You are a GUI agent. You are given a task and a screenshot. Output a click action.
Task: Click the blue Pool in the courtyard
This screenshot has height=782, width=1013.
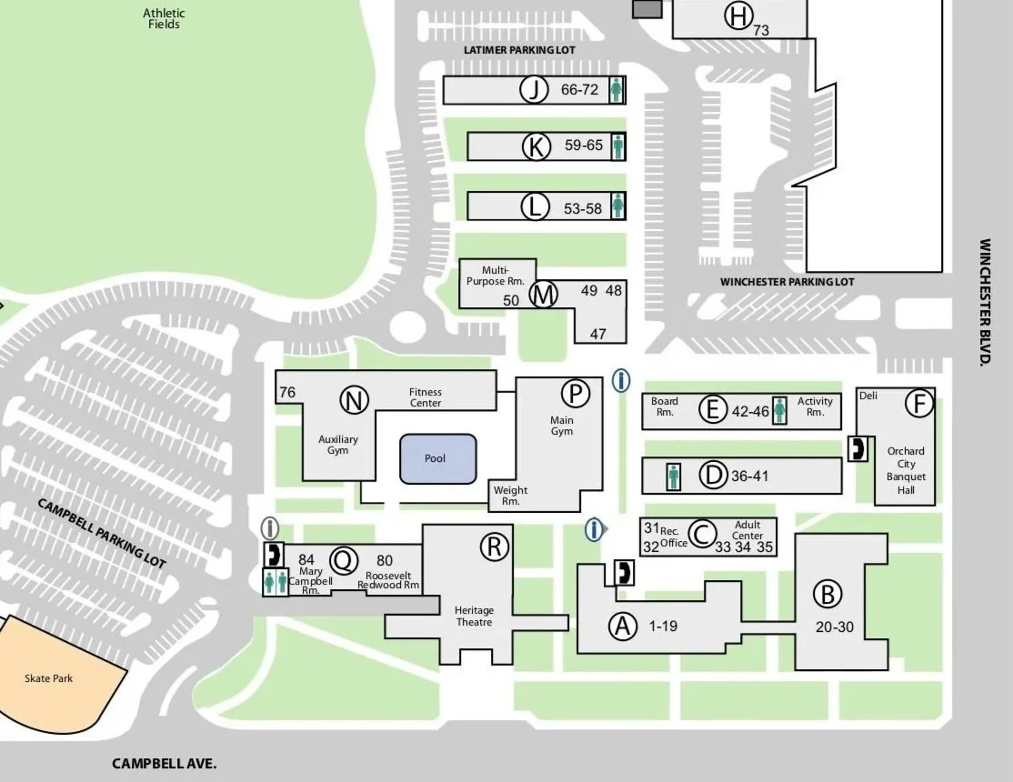coord(437,458)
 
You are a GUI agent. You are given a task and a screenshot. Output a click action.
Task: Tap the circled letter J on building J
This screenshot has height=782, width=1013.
coord(534,90)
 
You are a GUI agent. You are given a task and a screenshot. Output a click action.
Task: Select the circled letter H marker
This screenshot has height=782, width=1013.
coord(737,15)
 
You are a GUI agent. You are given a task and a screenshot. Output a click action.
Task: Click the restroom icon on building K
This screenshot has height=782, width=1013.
coord(618,145)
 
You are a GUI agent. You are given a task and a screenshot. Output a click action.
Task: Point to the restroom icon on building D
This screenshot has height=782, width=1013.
coord(673,476)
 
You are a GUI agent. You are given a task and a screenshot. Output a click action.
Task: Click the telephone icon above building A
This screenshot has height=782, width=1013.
coord(624,572)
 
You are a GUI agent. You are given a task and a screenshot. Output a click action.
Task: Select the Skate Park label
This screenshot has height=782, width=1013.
coord(49,678)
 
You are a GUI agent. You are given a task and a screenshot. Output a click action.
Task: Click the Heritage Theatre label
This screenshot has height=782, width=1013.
coord(474,616)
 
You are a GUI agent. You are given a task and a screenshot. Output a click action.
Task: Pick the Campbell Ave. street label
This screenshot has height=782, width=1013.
coord(165,764)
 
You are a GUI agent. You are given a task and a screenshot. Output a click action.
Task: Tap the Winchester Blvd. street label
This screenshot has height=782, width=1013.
coord(985,302)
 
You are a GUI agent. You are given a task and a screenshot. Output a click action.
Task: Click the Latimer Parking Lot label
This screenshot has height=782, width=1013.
coord(519,50)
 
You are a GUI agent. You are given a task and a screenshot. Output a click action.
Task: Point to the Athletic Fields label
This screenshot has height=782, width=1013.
coord(165,18)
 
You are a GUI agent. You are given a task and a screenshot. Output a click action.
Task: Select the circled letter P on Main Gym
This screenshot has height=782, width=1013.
coord(575,394)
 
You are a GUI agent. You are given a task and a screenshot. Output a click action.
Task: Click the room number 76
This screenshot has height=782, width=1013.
coord(287,393)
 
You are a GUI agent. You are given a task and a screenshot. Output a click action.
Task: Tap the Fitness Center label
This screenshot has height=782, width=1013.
coord(426,397)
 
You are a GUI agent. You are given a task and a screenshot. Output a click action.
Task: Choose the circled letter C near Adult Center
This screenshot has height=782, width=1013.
coord(701,535)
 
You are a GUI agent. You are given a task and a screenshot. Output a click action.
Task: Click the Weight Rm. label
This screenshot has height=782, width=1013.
coord(510,496)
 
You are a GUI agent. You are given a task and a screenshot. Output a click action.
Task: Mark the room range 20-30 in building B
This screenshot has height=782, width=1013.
coord(834,627)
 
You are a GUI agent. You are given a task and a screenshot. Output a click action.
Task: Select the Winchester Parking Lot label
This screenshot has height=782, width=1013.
coord(787,282)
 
